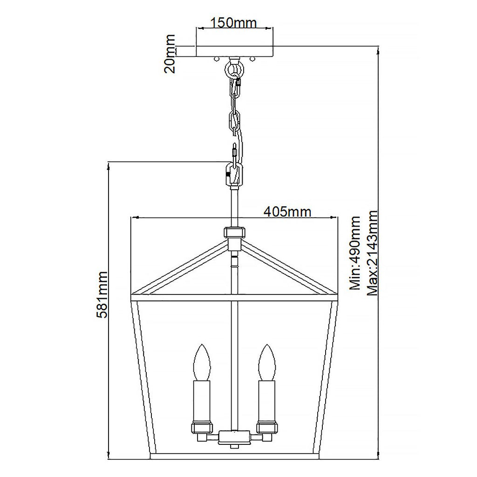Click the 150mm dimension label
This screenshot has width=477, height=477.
(234, 22)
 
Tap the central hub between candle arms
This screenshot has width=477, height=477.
(234, 436)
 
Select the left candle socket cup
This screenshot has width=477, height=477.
(202, 429)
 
